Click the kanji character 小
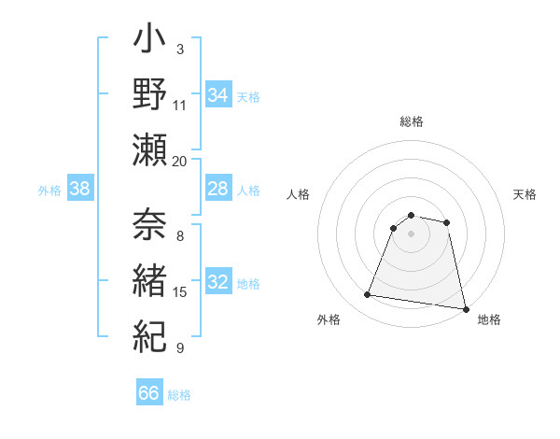pos(150,41)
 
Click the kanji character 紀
pos(150,333)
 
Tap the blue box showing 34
pos(217,94)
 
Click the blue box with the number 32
pos(217,283)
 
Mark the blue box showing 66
pos(149,393)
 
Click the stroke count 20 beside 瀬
pos(180,160)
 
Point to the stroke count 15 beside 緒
pos(180,292)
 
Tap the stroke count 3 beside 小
pos(179,49)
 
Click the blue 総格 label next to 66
pos(179,395)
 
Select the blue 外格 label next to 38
pos(49,191)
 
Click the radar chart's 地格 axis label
pos(489,319)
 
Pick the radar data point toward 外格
pos(368,295)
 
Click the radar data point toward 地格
pos(465,308)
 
